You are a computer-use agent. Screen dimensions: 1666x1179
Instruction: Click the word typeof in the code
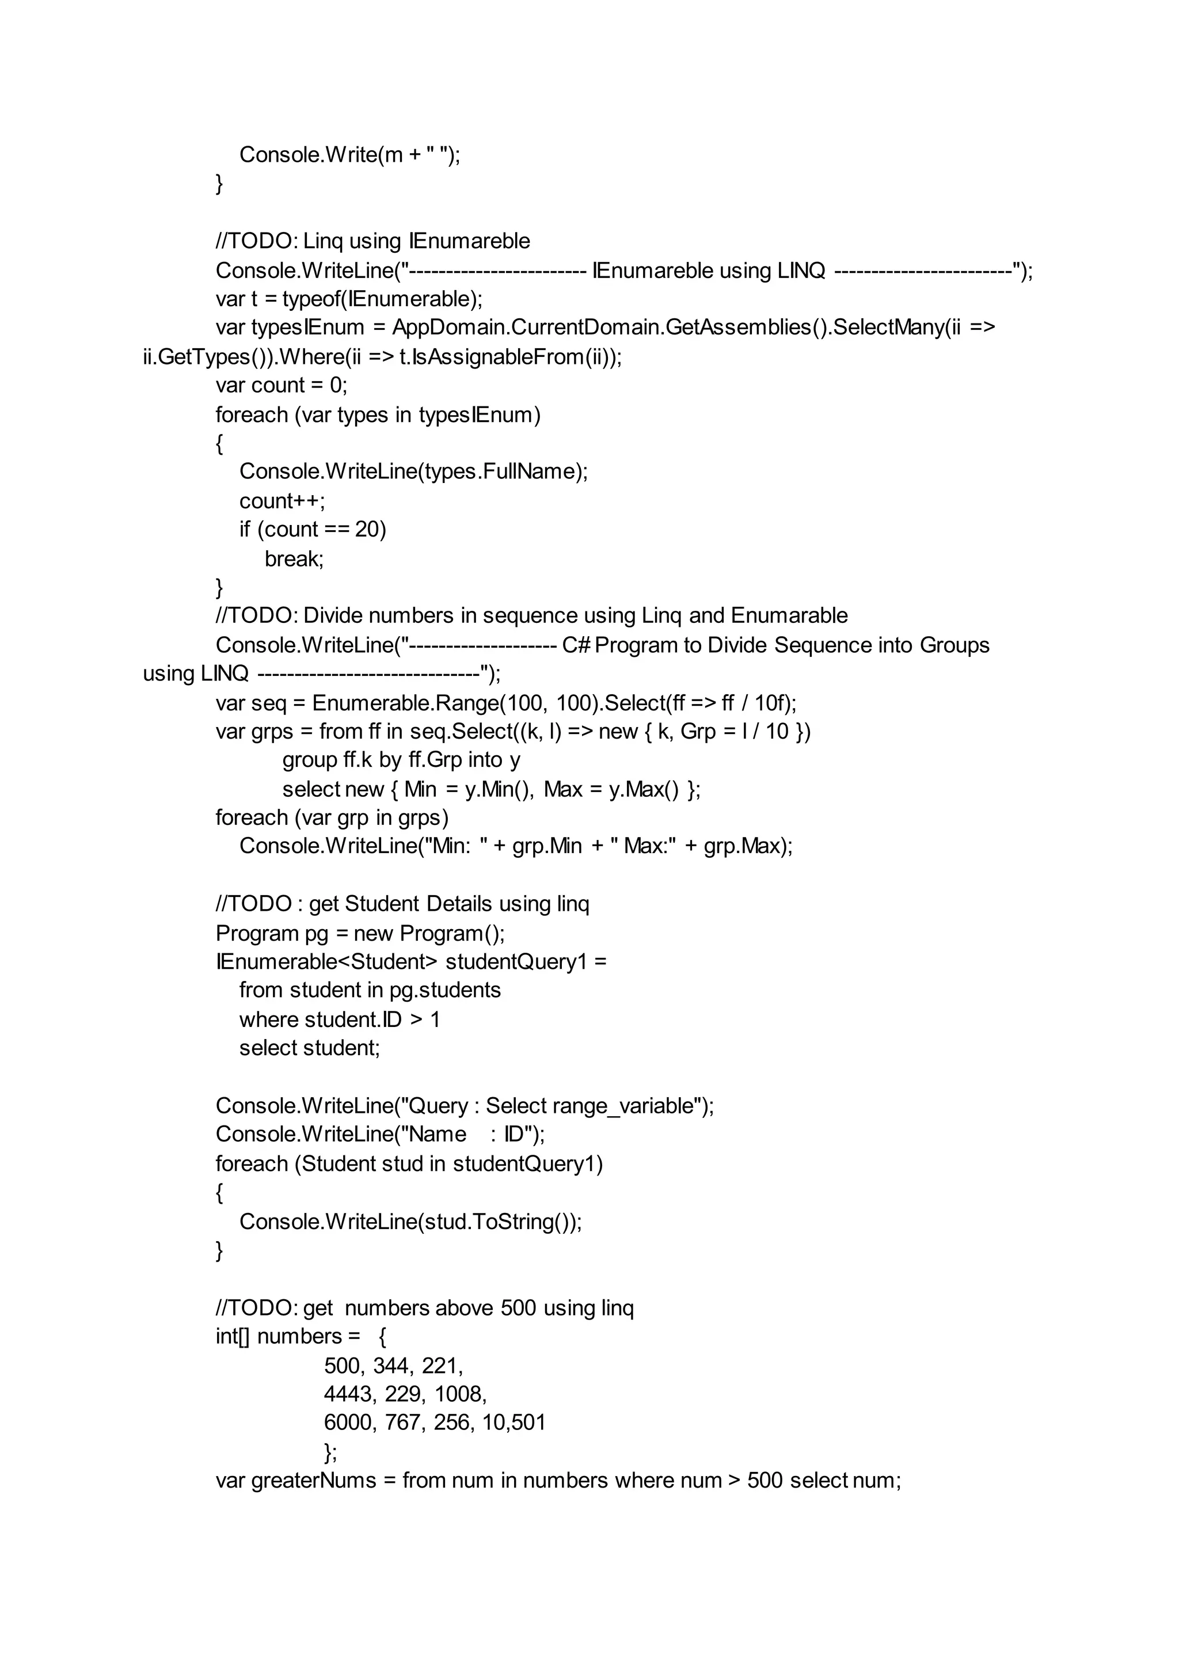tap(310, 299)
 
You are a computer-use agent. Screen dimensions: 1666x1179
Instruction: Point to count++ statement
tap(282, 501)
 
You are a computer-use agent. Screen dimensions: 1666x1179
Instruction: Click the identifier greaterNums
tap(314, 1480)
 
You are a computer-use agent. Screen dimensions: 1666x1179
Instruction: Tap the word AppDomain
tap(450, 328)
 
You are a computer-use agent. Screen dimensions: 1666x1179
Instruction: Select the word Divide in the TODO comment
tap(333, 615)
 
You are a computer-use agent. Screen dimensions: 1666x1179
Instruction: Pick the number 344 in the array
tap(391, 1365)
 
